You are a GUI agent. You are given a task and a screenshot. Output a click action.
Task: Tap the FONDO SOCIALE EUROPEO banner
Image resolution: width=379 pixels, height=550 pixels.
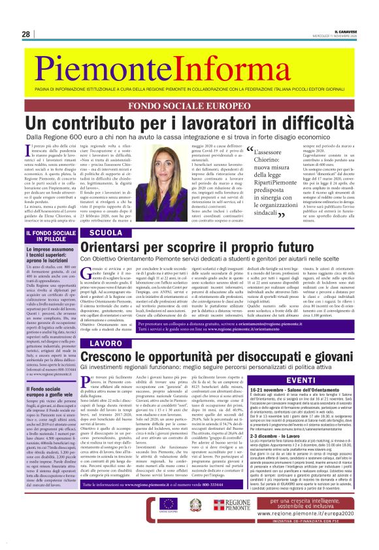(x=189, y=105)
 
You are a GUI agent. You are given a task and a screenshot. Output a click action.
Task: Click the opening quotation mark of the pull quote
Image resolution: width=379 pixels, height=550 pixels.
(x=252, y=152)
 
